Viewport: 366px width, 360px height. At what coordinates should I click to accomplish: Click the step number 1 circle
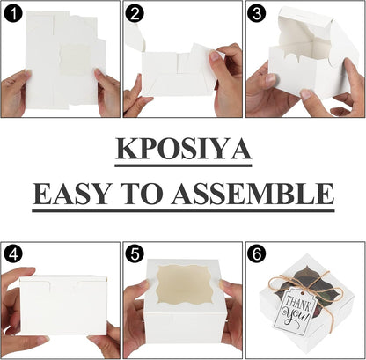coord(13,13)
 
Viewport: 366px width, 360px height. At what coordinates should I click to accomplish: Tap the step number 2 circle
coord(135,13)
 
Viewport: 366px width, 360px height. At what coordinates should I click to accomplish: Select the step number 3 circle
coord(257,13)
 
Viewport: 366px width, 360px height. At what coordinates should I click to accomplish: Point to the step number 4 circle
coord(13,254)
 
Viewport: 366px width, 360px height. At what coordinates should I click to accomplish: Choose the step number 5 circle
coord(135,254)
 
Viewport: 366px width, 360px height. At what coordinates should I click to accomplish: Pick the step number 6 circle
coord(257,254)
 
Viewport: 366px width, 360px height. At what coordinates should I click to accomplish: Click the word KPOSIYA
coord(183,149)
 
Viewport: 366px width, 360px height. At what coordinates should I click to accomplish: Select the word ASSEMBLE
coord(253,194)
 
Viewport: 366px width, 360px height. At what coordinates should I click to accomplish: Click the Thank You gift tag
coord(295,307)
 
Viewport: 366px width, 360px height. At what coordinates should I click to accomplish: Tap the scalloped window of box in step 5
coord(184,285)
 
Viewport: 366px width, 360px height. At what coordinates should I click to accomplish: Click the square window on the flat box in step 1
coord(75,60)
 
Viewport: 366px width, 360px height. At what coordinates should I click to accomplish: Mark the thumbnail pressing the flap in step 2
coord(215,55)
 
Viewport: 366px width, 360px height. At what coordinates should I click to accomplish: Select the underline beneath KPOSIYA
coord(183,165)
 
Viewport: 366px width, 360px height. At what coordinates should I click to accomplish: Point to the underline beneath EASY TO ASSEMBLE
coord(183,210)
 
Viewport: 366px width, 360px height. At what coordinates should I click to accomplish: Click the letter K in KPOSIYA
coord(127,149)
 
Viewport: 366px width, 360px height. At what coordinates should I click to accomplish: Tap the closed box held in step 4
coord(63,305)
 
